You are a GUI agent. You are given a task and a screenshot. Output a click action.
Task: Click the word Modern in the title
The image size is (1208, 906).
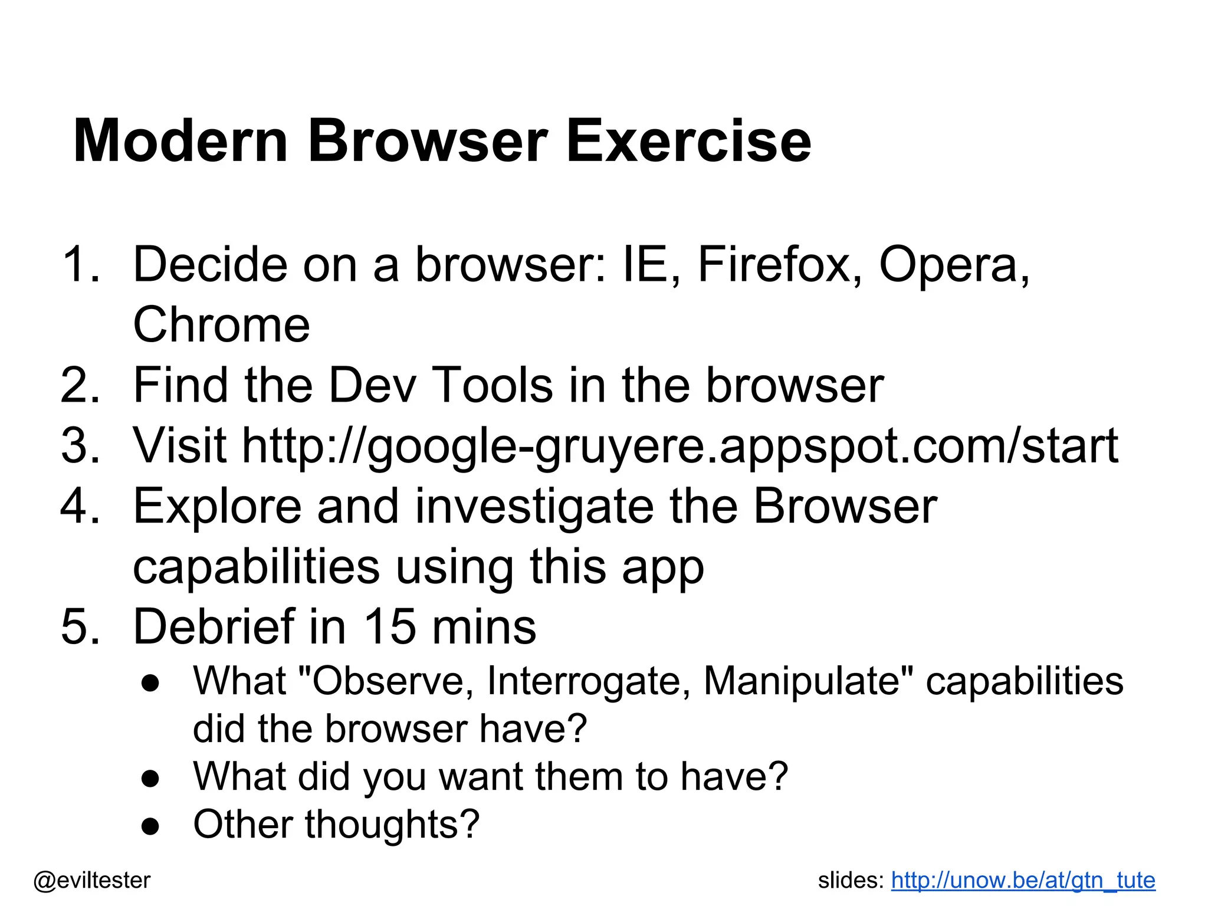(180, 142)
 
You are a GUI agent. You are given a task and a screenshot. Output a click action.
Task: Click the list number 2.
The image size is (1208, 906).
(75, 386)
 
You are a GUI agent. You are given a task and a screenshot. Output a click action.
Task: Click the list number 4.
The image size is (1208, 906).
(75, 507)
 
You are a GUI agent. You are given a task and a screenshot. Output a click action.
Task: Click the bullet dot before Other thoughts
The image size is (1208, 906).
(150, 826)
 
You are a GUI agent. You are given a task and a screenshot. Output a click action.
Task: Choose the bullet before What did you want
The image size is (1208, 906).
(150, 779)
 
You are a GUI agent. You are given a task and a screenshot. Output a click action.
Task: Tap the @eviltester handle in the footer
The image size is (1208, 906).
(92, 881)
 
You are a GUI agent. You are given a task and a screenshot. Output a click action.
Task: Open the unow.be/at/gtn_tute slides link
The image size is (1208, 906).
(1023, 881)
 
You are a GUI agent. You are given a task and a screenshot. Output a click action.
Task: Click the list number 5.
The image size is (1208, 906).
(75, 626)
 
